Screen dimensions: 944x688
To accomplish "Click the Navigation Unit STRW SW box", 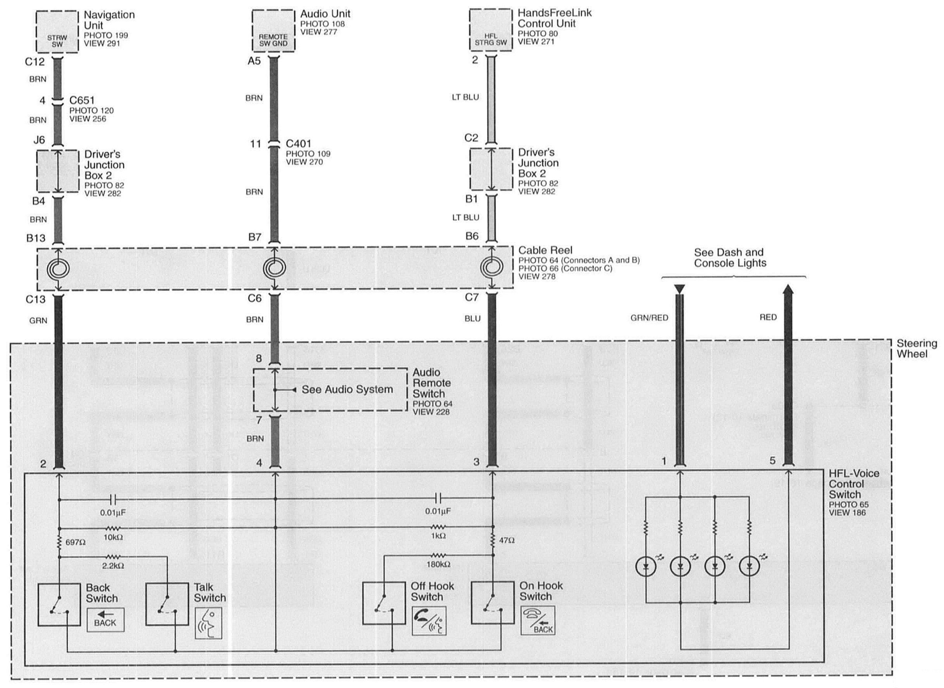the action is coord(57,32).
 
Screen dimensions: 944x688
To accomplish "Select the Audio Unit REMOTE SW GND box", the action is coord(273,31).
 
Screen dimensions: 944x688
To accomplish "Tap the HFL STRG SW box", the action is coord(491,30).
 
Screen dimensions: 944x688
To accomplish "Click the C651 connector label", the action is coord(82,100).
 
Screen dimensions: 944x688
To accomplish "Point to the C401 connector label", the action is coord(298,144).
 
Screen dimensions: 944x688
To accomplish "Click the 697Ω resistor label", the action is coord(76,543).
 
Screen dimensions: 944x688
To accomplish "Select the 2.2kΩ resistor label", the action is coord(113,566).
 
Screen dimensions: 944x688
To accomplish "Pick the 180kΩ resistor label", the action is coord(438,564).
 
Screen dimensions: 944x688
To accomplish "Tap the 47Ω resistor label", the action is coord(506,540).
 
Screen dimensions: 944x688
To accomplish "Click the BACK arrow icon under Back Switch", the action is coord(105,620).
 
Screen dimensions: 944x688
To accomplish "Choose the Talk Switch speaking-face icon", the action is coord(208,623).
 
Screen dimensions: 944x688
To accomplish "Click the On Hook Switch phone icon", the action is coord(538,620).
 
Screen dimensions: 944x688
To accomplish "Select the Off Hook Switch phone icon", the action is coord(429,621).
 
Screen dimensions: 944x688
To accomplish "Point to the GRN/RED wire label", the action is coord(649,318).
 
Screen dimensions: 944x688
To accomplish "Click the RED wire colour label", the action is coord(768,317).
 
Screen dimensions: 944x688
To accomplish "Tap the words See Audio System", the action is coord(347,389).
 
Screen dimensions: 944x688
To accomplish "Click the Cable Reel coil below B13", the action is coord(58,268).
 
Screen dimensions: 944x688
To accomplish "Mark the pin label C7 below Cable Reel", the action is coord(472,298).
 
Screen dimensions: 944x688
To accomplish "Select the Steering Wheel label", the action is coord(916,349).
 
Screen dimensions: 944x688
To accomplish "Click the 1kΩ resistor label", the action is coord(438,536).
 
